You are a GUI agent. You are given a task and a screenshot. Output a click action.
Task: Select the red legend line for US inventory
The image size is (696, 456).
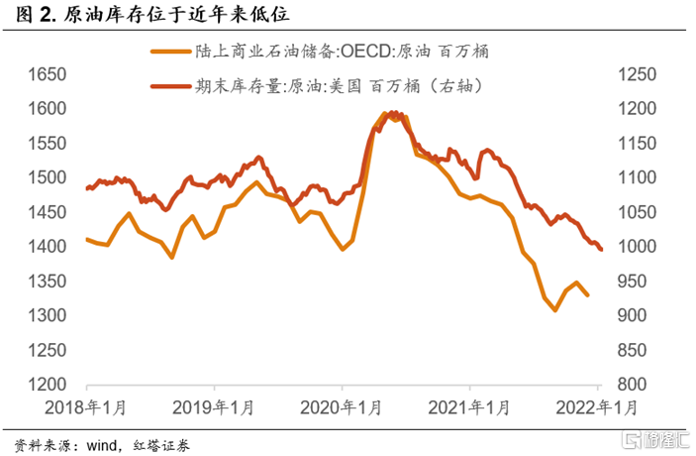click(172, 86)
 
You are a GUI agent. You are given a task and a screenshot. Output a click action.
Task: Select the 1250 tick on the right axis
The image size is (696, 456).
click(636, 74)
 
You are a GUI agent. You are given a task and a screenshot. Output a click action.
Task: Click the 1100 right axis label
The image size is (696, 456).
click(636, 178)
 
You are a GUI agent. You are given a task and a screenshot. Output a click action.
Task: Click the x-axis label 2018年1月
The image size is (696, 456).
click(88, 408)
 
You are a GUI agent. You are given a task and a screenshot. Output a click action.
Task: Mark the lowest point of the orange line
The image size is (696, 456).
click(554, 310)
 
